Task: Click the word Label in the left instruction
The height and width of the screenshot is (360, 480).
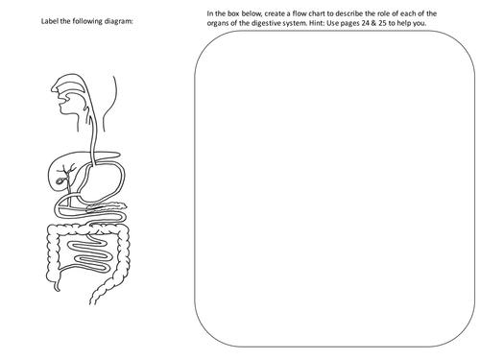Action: point(40,22)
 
